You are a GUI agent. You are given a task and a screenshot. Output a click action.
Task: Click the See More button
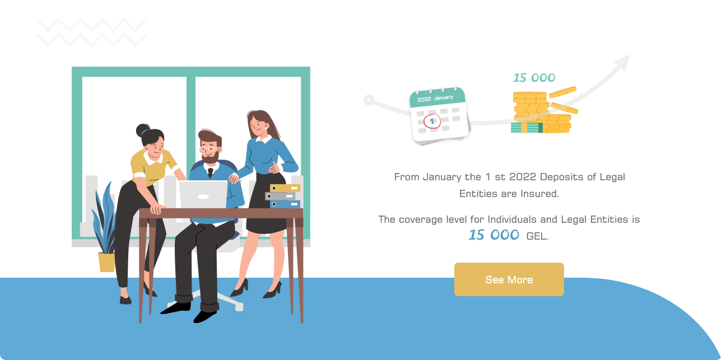pos(509,279)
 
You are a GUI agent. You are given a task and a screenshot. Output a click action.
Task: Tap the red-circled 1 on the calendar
pos(432,121)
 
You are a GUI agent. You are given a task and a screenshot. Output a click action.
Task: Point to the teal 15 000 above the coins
pos(534,78)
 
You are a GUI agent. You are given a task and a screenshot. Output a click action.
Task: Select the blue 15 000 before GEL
pos(494,235)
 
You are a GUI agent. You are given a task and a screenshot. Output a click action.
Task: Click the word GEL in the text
pos(537,236)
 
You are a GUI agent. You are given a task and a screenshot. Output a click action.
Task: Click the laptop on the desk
pos(203,194)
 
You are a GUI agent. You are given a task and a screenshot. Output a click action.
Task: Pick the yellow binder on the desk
pos(285,188)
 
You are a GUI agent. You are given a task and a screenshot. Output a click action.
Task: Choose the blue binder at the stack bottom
pos(285,204)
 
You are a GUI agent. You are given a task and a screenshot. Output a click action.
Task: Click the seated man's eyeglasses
pos(209,149)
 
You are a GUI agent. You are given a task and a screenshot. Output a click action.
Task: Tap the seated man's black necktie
pos(210,173)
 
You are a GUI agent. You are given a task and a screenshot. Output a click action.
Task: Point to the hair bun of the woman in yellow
pos(142,130)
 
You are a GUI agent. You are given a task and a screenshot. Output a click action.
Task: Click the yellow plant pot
pos(106,262)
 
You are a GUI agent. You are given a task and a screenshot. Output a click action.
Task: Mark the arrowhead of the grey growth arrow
pos(623,62)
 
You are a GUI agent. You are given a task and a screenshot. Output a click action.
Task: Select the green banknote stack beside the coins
pos(527,128)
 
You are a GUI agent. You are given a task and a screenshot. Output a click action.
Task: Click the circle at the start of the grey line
pos(369,100)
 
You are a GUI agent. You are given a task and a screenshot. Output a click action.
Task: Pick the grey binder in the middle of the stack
pos(281,196)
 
